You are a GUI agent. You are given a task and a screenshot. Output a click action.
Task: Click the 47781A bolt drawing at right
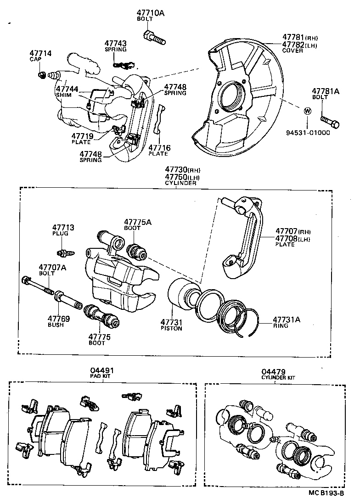[330, 121]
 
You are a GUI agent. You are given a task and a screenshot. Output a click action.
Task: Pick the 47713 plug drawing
[63, 252]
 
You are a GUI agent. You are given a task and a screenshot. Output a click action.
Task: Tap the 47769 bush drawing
[68, 302]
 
